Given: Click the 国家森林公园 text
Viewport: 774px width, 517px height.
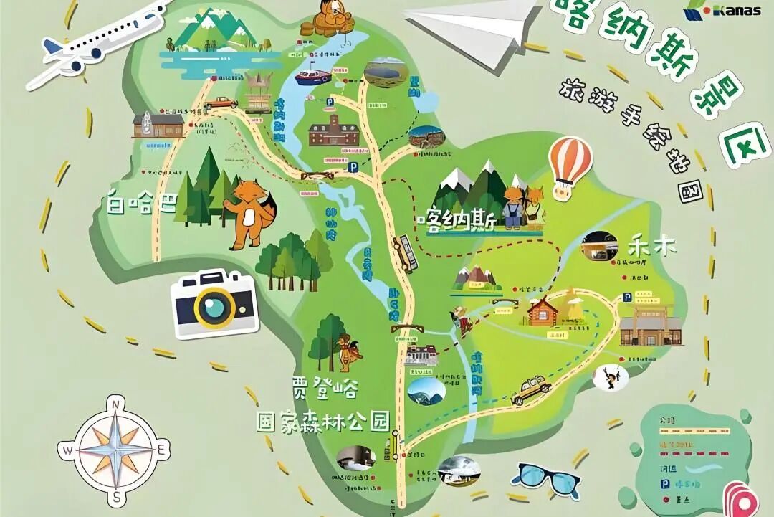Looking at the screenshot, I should (322, 421).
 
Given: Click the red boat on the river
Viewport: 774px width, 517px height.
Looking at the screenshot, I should (313, 76).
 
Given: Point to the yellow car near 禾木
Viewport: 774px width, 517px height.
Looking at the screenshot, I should (531, 390).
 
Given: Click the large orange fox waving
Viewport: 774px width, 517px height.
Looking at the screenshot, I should (251, 212).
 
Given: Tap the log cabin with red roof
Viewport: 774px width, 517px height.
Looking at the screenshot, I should (544, 310).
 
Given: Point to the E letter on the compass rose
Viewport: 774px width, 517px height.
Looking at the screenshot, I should (163, 450).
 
